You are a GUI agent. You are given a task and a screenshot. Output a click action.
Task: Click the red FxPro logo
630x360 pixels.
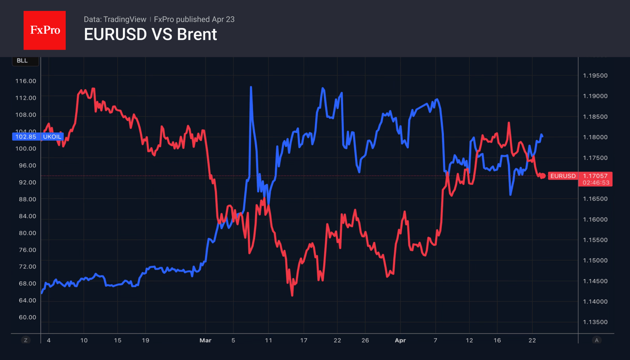pos(44,30)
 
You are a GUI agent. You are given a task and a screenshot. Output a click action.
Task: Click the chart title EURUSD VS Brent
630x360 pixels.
pos(150,35)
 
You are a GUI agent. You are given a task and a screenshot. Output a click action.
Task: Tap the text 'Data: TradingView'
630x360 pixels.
pos(115,19)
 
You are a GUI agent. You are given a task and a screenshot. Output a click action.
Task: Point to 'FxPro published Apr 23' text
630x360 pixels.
pos(194,19)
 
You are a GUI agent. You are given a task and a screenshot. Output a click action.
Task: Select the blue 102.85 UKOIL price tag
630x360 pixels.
pos(37,137)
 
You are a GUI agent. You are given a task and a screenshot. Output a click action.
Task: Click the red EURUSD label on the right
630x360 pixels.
pos(562,176)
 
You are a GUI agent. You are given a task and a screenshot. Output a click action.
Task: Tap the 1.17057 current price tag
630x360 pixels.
pos(595,176)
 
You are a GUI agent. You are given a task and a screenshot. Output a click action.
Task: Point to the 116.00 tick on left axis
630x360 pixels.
pos(26,81)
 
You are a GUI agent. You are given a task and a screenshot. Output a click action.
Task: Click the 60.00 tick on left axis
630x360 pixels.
pos(26,317)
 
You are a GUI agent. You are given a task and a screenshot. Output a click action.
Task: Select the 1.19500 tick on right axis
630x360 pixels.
pos(595,75)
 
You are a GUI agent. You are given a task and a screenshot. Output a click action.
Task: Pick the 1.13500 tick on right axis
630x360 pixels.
pos(595,322)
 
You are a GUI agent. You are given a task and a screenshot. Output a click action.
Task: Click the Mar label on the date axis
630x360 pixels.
pos(205,340)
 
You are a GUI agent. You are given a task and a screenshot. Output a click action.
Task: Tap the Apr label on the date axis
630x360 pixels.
pos(400,340)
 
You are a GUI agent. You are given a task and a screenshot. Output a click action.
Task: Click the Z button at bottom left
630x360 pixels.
pos(26,340)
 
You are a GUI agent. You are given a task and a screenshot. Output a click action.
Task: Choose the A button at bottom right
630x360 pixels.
pos(596,340)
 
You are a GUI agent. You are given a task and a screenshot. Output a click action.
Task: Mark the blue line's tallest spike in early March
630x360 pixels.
pos(251,87)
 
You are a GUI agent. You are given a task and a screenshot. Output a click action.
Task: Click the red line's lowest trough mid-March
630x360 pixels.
pos(292,295)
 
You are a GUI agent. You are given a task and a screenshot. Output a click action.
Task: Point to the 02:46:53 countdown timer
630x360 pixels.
pos(595,182)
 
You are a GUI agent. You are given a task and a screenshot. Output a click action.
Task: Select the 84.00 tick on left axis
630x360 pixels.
pos(26,216)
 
